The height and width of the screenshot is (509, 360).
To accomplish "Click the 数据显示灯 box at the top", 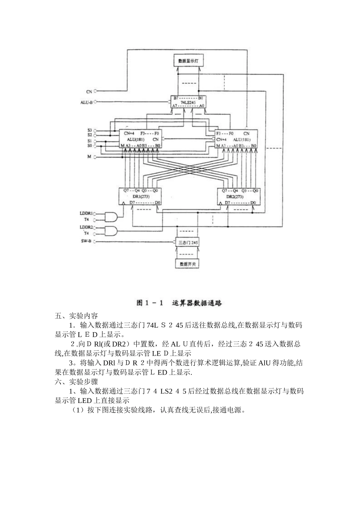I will coord(189,60).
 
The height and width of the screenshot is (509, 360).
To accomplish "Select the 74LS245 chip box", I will coord(188,102).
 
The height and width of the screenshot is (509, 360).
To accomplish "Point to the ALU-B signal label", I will coord(86,102).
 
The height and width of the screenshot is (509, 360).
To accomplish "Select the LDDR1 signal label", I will coord(86,213).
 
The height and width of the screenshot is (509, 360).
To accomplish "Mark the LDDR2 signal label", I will coord(86,227).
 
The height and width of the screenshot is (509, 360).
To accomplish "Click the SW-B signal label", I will coord(86,241).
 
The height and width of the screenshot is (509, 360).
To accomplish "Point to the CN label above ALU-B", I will coord(89,91).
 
